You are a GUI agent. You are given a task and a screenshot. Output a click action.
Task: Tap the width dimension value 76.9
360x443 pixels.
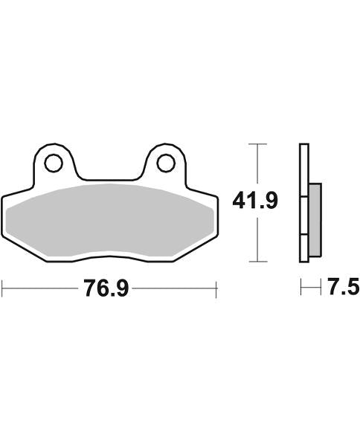pyautogui.click(x=106, y=288)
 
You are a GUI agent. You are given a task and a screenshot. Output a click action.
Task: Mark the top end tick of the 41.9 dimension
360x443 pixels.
pyautogui.click(x=257, y=143)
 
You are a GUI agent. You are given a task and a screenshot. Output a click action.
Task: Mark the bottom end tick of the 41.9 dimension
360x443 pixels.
pyautogui.click(x=257, y=262)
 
